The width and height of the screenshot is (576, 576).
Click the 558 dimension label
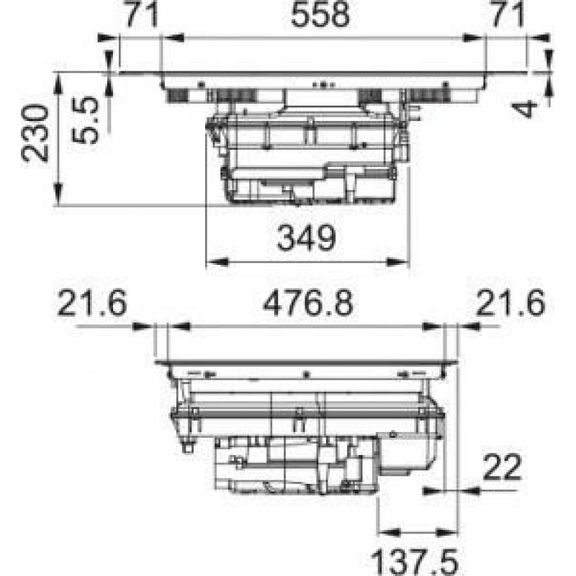[320, 14]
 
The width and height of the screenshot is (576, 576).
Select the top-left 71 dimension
[142, 14]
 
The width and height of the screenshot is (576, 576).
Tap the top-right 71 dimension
[508, 14]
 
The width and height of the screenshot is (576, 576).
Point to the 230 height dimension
[35, 133]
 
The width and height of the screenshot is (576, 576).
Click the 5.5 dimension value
[85, 120]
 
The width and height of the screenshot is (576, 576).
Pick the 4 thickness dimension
[525, 109]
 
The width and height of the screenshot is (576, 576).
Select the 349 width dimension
[307, 238]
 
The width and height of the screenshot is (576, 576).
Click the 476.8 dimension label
[308, 303]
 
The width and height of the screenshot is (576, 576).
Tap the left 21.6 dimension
[92, 303]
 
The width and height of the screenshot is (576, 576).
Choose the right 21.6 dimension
[511, 303]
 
